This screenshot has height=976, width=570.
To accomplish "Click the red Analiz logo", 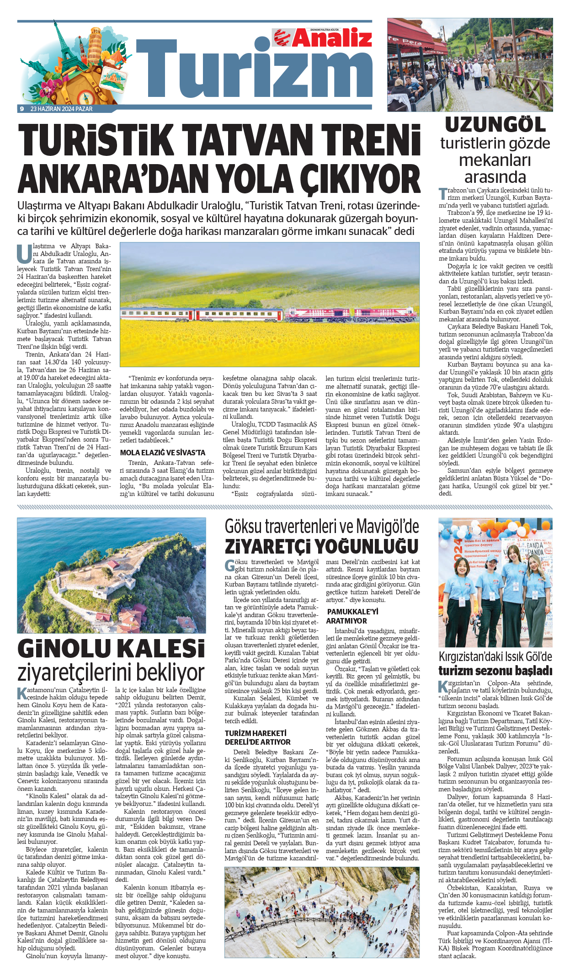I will point(323,37).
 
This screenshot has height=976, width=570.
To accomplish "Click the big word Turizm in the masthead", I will point(254,69).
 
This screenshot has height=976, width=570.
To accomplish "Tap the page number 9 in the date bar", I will point(21,109).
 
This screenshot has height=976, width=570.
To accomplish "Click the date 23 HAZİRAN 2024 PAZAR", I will point(61,109).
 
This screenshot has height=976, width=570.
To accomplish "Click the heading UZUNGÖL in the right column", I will point(495,125).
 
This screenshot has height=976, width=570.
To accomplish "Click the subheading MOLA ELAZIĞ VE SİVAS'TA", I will point(162,453).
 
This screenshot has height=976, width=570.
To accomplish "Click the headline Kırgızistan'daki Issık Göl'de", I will point(495,656).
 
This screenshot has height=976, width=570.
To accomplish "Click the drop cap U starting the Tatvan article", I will point(24,253).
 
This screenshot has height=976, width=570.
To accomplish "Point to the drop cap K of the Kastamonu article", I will point(22,693).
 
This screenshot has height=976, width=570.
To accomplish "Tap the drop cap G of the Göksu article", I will point(229,565).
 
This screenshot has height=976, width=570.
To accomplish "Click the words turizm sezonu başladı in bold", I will point(495,671).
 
